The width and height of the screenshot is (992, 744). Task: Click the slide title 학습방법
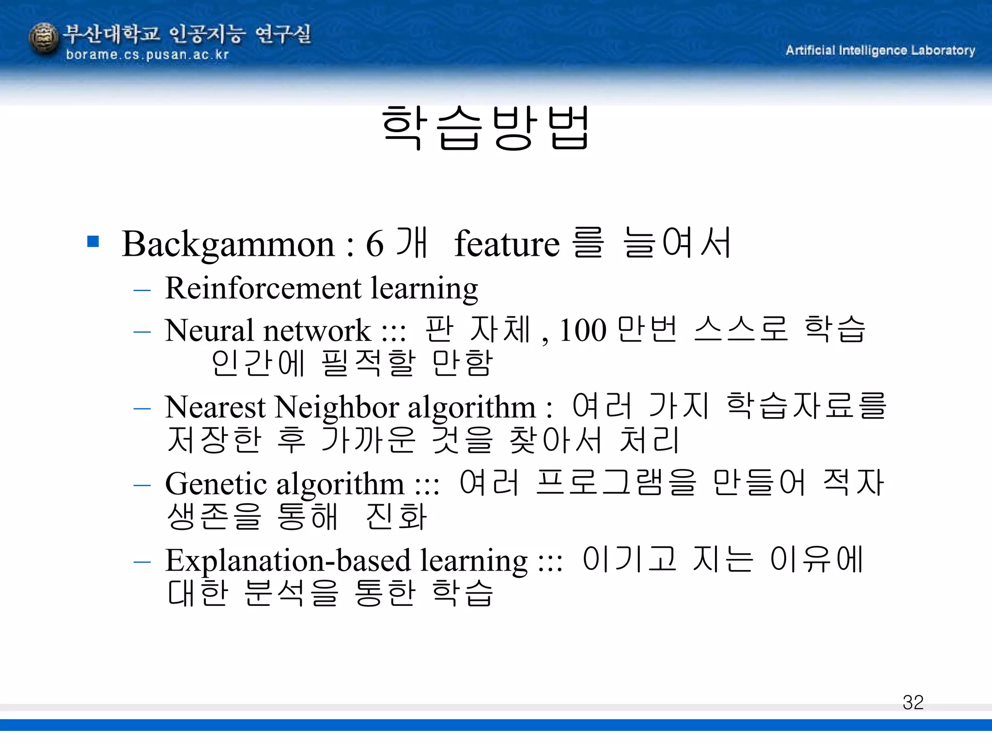485,128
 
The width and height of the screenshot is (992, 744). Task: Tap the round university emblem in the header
44,39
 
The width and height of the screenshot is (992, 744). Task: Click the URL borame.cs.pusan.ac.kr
147,55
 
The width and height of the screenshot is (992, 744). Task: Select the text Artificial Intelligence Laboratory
880,50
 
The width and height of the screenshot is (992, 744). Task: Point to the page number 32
913,702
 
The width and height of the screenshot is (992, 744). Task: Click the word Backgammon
228,244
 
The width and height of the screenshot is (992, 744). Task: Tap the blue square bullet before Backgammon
93,241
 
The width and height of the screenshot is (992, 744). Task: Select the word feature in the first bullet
507,244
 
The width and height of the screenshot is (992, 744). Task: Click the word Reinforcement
263,288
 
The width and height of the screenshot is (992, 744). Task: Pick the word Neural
209,330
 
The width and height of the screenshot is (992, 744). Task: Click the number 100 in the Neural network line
583,330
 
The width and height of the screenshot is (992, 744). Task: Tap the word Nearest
215,407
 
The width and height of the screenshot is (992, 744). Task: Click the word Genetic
216,483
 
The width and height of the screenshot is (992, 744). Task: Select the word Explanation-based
288,560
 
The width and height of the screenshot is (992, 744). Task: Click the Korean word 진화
396,516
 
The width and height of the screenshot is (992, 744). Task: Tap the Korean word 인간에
258,363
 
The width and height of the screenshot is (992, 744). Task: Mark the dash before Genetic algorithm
142,485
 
